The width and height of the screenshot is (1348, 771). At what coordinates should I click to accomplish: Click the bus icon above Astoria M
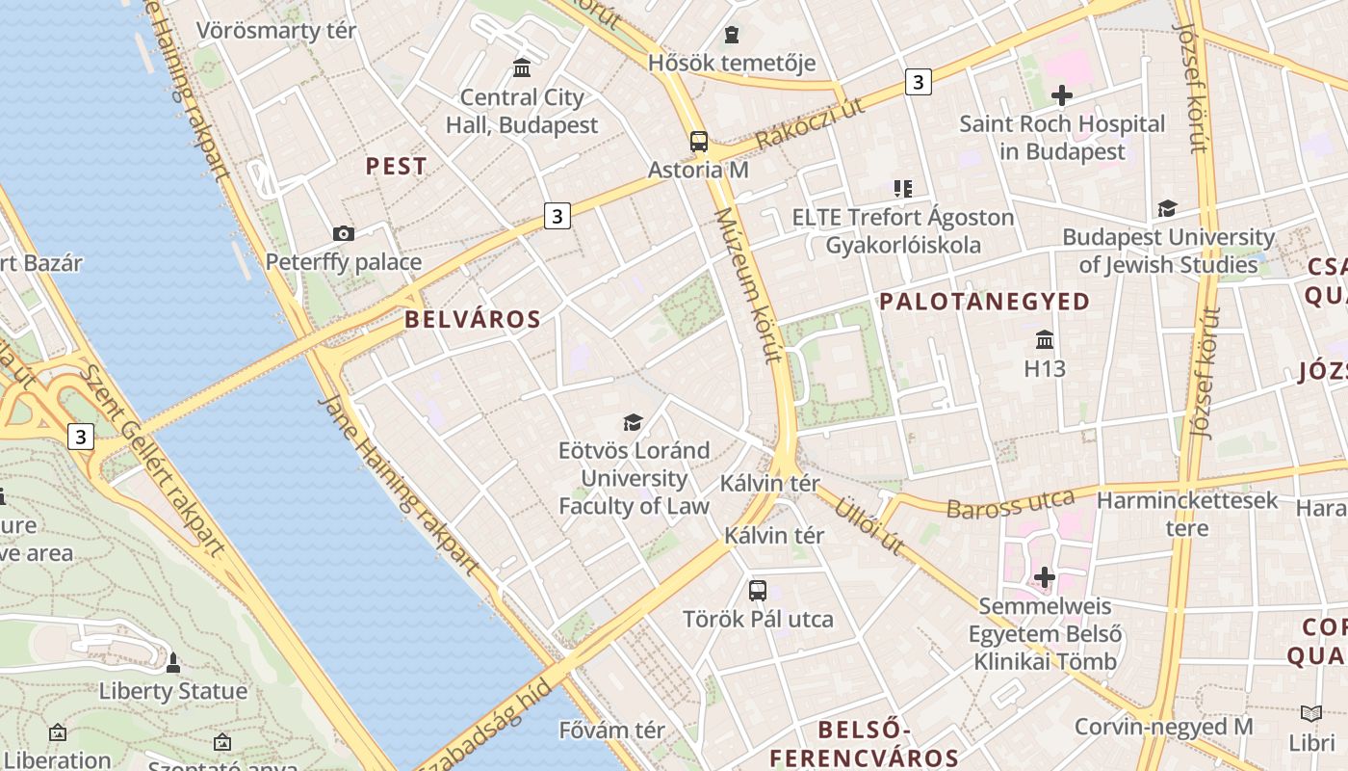coord(699,142)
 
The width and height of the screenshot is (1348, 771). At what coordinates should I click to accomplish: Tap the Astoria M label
coord(698,170)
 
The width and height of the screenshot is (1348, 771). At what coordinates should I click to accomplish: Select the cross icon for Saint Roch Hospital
coord(1062,95)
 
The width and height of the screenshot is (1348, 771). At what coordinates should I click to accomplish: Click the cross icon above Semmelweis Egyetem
coord(1045,577)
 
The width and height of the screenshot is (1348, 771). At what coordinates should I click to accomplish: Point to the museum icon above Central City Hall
coord(522,67)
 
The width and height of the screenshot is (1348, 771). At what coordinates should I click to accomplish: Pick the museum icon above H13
coord(1045,339)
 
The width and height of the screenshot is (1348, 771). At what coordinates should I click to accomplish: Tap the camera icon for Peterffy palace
coord(343,233)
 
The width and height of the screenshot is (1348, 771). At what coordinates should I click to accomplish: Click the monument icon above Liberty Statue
coord(173,663)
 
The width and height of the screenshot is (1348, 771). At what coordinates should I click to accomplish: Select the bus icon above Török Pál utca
coord(758,591)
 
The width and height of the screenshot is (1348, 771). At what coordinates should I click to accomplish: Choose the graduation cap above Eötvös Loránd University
coord(633,422)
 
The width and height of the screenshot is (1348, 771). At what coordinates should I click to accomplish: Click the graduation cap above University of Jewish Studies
coord(1167,208)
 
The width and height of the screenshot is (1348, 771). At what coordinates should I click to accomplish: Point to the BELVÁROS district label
coord(473,320)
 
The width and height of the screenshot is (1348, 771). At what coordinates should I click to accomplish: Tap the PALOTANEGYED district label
coord(984,302)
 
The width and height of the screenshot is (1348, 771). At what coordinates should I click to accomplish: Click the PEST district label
coord(396,166)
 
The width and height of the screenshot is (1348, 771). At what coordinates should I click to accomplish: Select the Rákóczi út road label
coord(810,123)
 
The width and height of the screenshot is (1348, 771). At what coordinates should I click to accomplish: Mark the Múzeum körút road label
coord(746,285)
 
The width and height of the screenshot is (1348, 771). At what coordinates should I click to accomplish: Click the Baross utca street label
coord(1010,504)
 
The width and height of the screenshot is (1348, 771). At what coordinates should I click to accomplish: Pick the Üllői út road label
coord(868,525)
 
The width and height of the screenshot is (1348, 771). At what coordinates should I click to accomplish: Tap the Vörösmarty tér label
coord(276,30)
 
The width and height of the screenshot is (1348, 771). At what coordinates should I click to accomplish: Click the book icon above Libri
coord(1311,714)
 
